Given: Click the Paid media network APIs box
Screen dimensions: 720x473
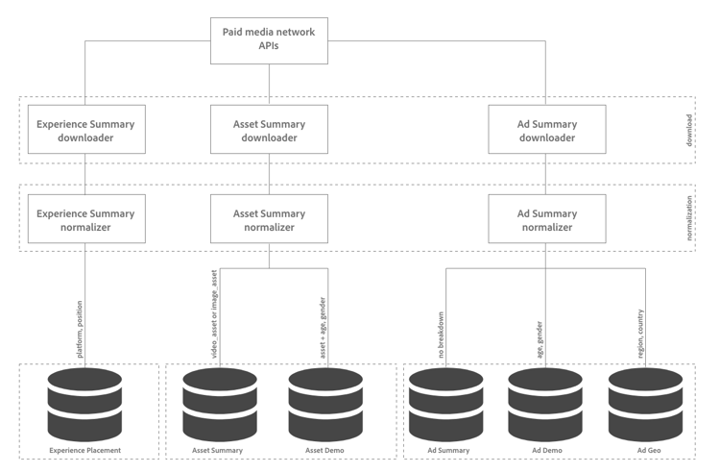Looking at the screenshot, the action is click(269, 41).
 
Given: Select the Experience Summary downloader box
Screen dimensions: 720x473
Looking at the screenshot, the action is click(86, 129).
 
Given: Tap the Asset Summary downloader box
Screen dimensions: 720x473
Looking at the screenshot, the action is click(269, 129).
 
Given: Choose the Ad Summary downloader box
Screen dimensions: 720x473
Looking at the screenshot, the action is click(547, 129).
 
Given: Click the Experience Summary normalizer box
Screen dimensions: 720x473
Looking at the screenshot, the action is click(86, 218).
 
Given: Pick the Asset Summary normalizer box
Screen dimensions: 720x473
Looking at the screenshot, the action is click(269, 218).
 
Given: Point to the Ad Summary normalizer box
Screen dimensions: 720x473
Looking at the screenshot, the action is click(547, 218).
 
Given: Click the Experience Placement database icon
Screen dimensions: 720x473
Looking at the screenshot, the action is click(84, 405).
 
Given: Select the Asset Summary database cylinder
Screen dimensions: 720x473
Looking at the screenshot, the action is click(220, 405).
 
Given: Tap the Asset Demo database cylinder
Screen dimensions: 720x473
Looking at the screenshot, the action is click(325, 405).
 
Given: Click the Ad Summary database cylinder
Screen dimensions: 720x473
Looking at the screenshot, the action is click(445, 405).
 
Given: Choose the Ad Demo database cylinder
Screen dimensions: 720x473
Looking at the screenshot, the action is click(545, 405).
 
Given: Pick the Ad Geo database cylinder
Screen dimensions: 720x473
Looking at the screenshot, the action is click(646, 405).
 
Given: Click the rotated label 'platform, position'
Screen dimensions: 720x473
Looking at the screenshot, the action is click(80, 329).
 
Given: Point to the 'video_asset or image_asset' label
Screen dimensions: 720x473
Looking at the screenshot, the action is click(214, 314).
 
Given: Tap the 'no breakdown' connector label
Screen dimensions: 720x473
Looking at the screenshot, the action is click(441, 335).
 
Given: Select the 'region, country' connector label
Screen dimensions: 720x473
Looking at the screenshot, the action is click(640, 334).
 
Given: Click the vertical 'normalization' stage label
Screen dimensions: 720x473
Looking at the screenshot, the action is click(689, 218).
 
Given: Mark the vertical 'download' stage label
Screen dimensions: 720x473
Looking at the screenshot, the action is click(689, 130).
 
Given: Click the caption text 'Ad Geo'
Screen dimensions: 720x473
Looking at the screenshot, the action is click(649, 451).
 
